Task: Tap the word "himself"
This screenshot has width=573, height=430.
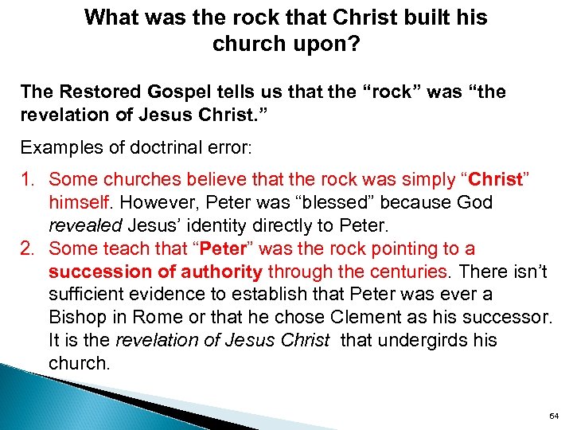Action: point(80,204)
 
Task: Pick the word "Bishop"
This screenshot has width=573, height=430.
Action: point(78,318)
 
